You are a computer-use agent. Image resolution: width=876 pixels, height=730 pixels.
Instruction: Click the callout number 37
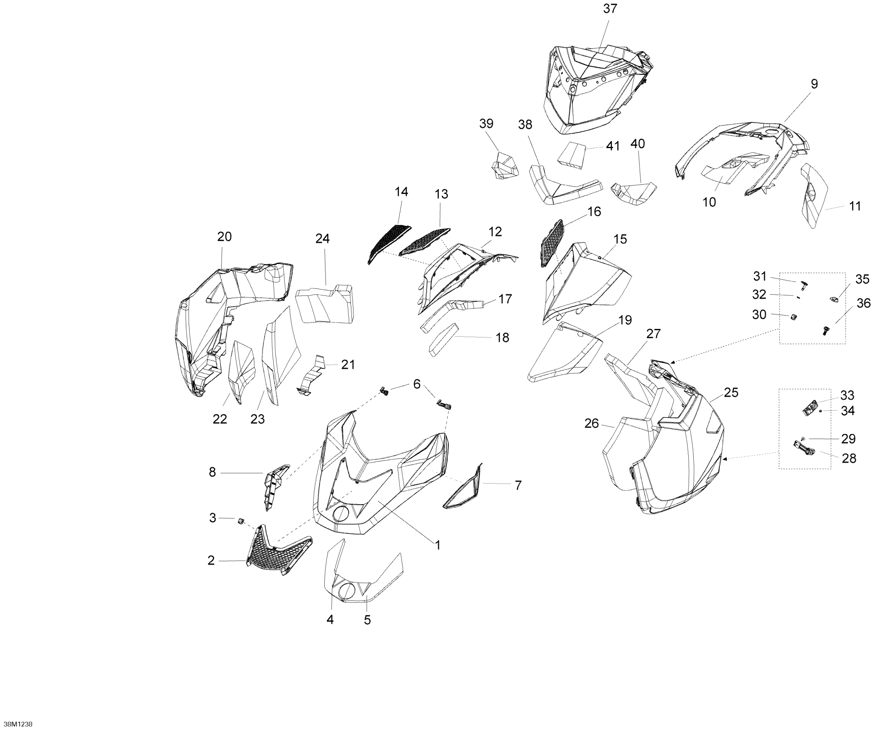pos(610,9)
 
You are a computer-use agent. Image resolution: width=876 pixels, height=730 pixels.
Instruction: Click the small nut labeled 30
pos(794,317)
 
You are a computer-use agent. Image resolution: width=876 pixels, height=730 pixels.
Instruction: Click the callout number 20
pos(224,237)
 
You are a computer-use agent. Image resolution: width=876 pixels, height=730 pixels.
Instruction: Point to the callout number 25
pos(731,392)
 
